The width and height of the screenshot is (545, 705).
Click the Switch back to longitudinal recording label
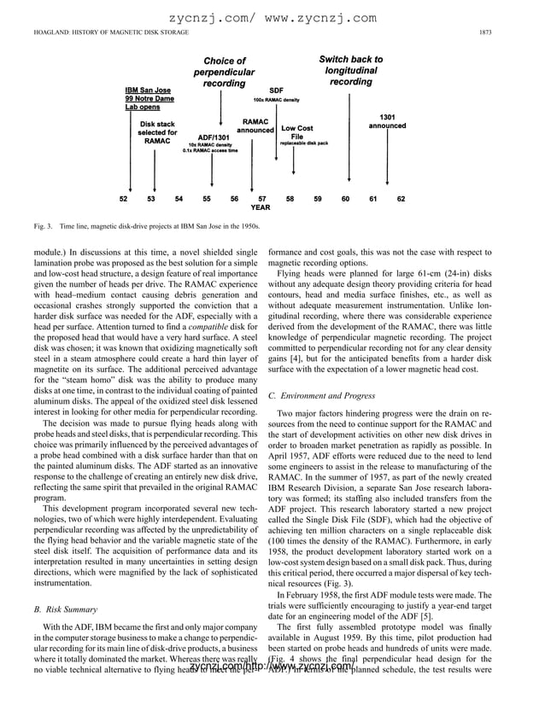click(x=350, y=71)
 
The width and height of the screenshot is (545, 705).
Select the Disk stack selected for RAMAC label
click(x=157, y=133)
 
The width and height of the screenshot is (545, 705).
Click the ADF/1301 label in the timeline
click(x=212, y=137)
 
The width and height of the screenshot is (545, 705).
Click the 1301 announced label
click(x=387, y=121)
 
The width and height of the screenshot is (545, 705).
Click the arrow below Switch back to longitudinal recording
click(x=350, y=137)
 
